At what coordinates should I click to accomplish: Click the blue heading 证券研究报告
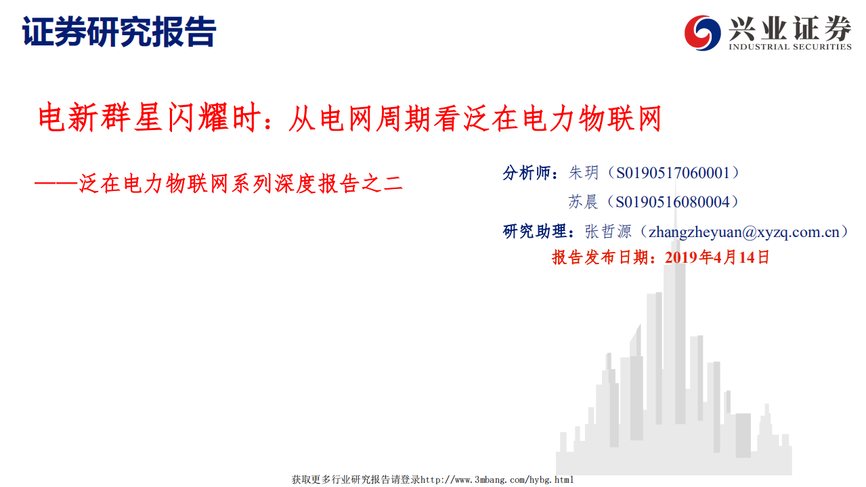coord(119,31)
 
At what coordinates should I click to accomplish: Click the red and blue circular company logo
coord(702,32)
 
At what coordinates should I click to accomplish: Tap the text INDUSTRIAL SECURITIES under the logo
coord(789,47)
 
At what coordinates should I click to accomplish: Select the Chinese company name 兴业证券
coord(789,28)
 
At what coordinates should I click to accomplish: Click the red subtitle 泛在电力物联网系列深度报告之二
coord(240,183)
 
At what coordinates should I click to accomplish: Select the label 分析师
coord(527,173)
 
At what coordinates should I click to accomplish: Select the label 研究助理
coord(535,231)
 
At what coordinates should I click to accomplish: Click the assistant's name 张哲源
coord(607,231)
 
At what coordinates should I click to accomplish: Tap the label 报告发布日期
coord(603,257)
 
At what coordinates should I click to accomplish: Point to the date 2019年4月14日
coord(717,257)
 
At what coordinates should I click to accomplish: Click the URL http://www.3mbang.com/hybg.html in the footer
coord(497,480)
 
